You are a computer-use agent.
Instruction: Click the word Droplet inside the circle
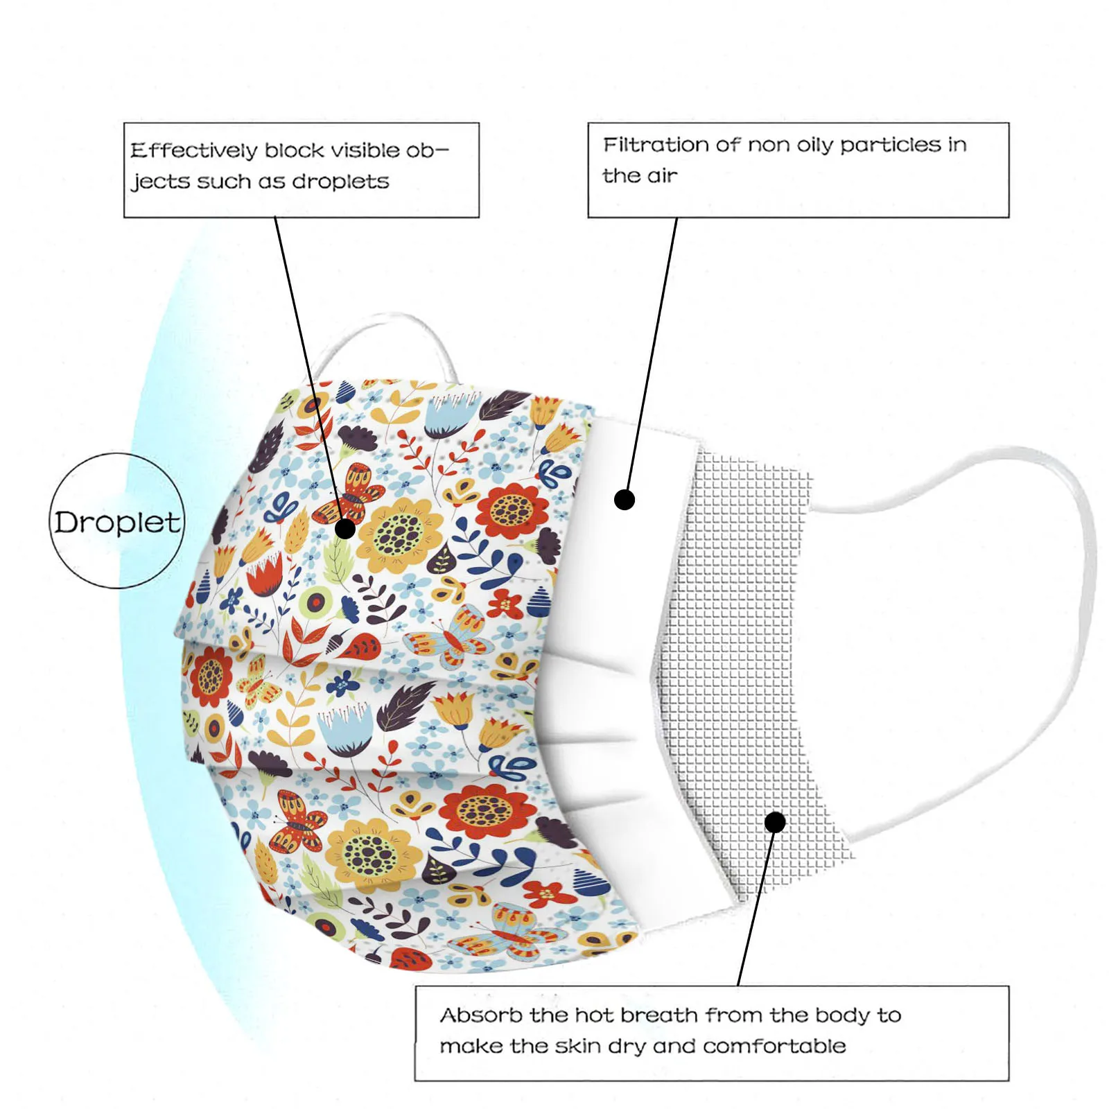tap(117, 523)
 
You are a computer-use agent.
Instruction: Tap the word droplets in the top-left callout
tap(340, 182)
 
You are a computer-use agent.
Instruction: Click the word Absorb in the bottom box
tap(481, 1015)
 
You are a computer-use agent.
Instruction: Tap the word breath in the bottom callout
tap(659, 1015)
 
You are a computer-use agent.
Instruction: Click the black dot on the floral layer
tap(345, 529)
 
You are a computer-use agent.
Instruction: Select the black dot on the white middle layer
tap(625, 499)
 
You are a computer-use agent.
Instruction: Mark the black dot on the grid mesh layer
tap(775, 823)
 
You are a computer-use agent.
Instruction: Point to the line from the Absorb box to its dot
tap(756, 908)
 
